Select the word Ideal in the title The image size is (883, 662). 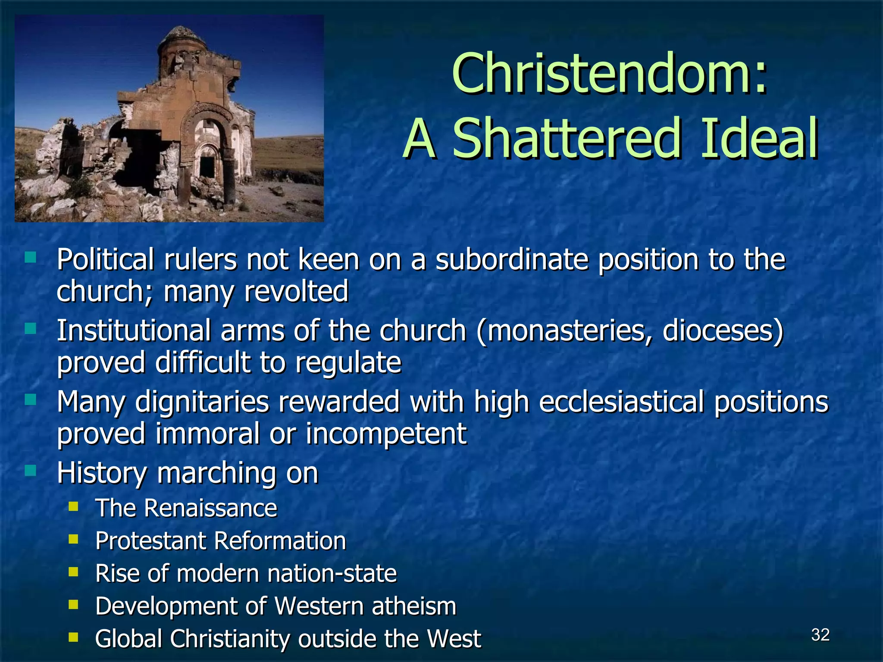[759, 139]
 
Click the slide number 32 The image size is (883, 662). [820, 635]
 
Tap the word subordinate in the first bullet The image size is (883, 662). [512, 260]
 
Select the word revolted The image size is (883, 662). [296, 292]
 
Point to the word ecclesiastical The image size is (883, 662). [621, 402]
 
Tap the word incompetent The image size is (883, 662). [386, 434]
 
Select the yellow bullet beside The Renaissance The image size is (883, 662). [73, 506]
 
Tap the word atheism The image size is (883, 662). [413, 606]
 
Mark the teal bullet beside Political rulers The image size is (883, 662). [31, 258]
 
